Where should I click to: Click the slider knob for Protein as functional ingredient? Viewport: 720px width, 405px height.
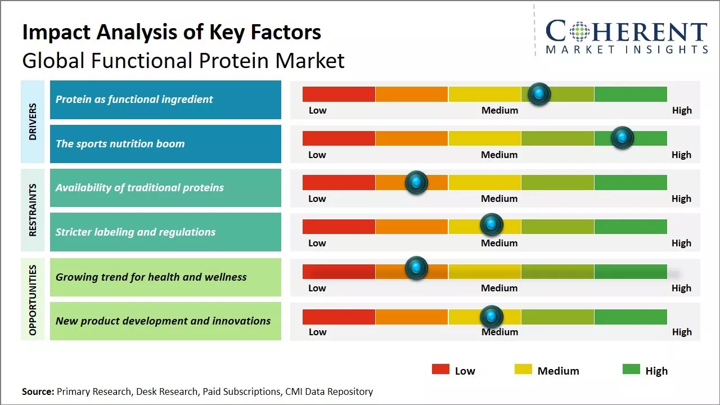(539, 93)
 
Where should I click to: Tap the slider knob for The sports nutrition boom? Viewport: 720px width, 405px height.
(622, 138)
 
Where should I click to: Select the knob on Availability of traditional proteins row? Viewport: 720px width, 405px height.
(416, 182)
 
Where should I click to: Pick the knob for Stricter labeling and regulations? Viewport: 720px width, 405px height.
(492, 224)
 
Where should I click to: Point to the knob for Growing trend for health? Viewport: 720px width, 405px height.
(416, 268)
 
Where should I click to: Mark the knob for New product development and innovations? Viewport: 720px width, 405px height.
(492, 317)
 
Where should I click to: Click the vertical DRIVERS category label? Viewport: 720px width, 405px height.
(33, 121)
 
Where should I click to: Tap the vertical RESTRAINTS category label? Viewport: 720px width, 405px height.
(33, 210)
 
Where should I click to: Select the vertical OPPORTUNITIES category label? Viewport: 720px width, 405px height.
(33, 300)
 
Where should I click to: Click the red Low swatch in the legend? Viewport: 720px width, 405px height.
(440, 369)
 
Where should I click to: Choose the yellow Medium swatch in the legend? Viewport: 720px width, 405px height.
(523, 369)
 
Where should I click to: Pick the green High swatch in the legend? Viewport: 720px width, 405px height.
(631, 369)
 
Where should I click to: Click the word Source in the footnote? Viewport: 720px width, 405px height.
(38, 391)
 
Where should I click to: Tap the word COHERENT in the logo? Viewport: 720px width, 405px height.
(626, 31)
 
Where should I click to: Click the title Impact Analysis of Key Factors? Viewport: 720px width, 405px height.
(172, 33)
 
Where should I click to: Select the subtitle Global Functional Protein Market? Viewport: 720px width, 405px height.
(183, 60)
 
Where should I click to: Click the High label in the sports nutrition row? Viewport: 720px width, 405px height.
(681, 155)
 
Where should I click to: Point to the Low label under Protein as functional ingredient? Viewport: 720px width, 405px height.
(317, 110)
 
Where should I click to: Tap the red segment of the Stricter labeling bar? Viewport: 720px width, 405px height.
(339, 227)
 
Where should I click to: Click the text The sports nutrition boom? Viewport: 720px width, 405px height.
(120, 143)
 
